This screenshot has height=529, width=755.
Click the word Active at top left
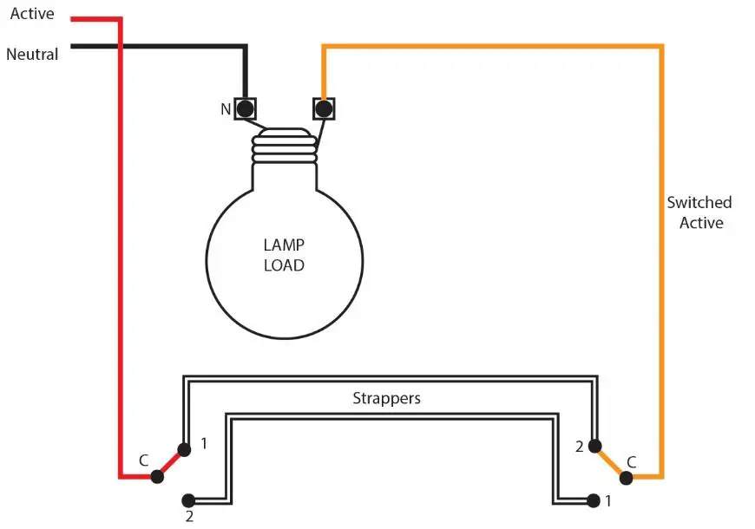31,14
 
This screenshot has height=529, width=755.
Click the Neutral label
32,54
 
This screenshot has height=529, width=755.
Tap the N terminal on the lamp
246,109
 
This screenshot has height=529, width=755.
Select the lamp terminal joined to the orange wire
323,109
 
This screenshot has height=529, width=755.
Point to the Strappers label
386,399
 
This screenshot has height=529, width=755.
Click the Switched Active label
699,212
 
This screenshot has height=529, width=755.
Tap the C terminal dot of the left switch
157,476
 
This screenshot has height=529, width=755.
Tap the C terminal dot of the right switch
625,476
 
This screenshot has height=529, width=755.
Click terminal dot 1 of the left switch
184,449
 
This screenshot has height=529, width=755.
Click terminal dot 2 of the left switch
187,500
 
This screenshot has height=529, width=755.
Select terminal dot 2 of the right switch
594,447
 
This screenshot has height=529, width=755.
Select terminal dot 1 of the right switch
593,500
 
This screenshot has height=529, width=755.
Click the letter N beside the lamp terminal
226,110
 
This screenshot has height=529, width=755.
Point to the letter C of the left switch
143,460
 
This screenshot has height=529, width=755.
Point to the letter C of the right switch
631,461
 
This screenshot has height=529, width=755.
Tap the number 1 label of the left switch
204,443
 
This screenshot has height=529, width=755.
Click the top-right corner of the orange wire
661,47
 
